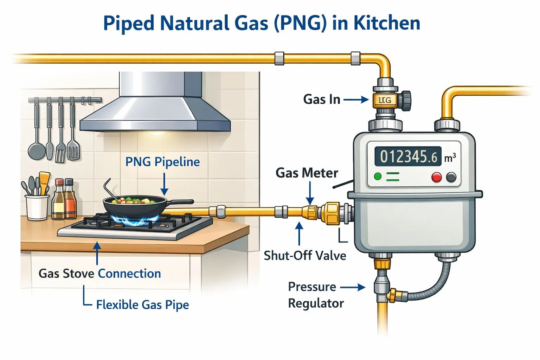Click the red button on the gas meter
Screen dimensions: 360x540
(437, 177)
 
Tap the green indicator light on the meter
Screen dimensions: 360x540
(378, 176)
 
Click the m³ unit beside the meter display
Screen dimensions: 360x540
(450, 157)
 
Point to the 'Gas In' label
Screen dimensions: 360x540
(322, 99)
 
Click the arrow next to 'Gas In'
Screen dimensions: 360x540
(356, 100)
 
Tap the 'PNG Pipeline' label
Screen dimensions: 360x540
(162, 162)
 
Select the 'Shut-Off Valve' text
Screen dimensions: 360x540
(305, 255)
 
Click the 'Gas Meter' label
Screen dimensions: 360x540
(307, 173)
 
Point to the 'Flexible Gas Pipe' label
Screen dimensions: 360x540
(142, 304)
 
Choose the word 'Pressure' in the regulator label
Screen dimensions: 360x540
(312, 287)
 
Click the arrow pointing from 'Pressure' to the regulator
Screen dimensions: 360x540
(353, 287)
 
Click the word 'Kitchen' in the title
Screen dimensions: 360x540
(387, 23)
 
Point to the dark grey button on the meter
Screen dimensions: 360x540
(451, 177)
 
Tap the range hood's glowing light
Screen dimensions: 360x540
(155, 133)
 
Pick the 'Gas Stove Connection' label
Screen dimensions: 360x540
(99, 274)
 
